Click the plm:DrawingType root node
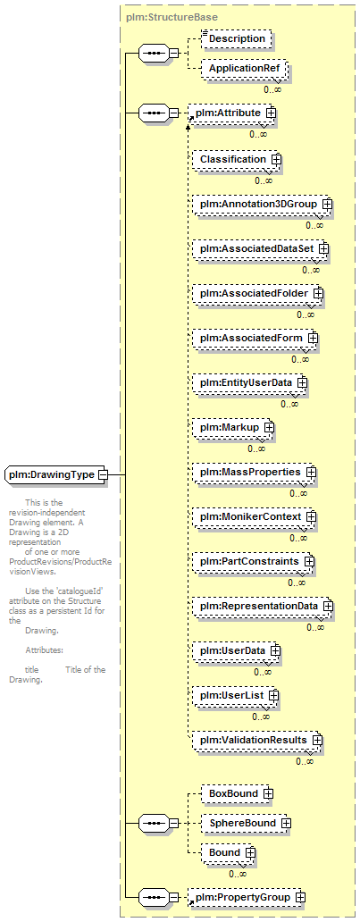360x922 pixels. (56, 474)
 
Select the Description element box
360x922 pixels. (237, 38)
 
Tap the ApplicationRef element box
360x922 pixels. (245, 69)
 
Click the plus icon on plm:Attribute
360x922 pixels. (272, 113)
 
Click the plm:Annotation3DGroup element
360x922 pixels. (263, 204)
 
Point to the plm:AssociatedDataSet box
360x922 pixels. (261, 249)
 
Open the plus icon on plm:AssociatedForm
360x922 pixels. (313, 338)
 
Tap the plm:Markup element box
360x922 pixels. (233, 427)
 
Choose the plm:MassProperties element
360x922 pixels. (255, 473)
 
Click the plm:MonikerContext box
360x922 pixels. (255, 517)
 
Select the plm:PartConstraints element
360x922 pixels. (254, 562)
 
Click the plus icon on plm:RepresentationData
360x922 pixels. (328, 606)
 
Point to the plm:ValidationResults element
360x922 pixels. (257, 740)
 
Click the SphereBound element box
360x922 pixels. (247, 823)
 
